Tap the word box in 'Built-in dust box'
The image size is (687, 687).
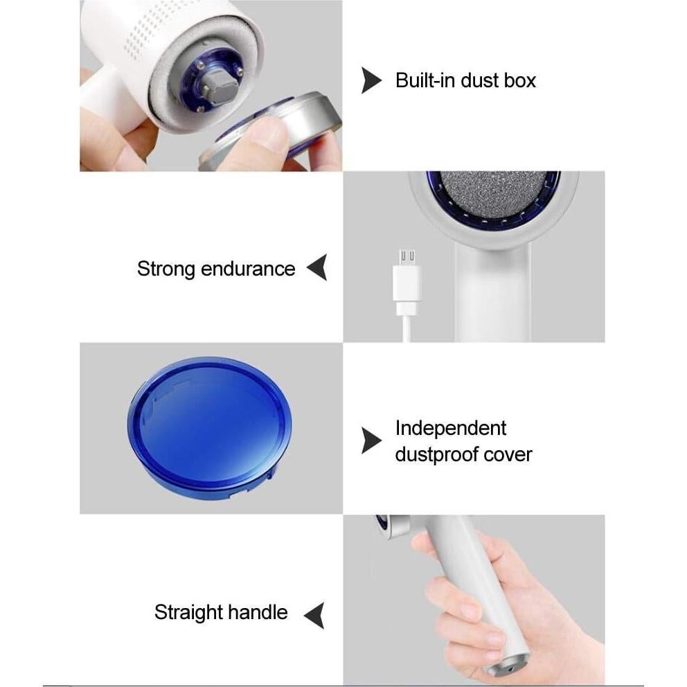pyautogui.click(x=520, y=80)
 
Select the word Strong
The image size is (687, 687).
pyautogui.click(x=166, y=269)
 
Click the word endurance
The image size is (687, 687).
pyautogui.click(x=248, y=269)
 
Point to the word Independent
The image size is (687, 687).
pyautogui.click(x=451, y=428)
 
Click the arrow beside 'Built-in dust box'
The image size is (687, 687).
pyautogui.click(x=371, y=80)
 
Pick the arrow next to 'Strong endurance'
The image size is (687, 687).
pyautogui.click(x=318, y=267)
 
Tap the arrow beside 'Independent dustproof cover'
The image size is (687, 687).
pyautogui.click(x=371, y=440)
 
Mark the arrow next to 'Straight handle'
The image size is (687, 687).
pyautogui.click(x=315, y=615)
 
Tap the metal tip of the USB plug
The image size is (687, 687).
pyautogui.click(x=407, y=257)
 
